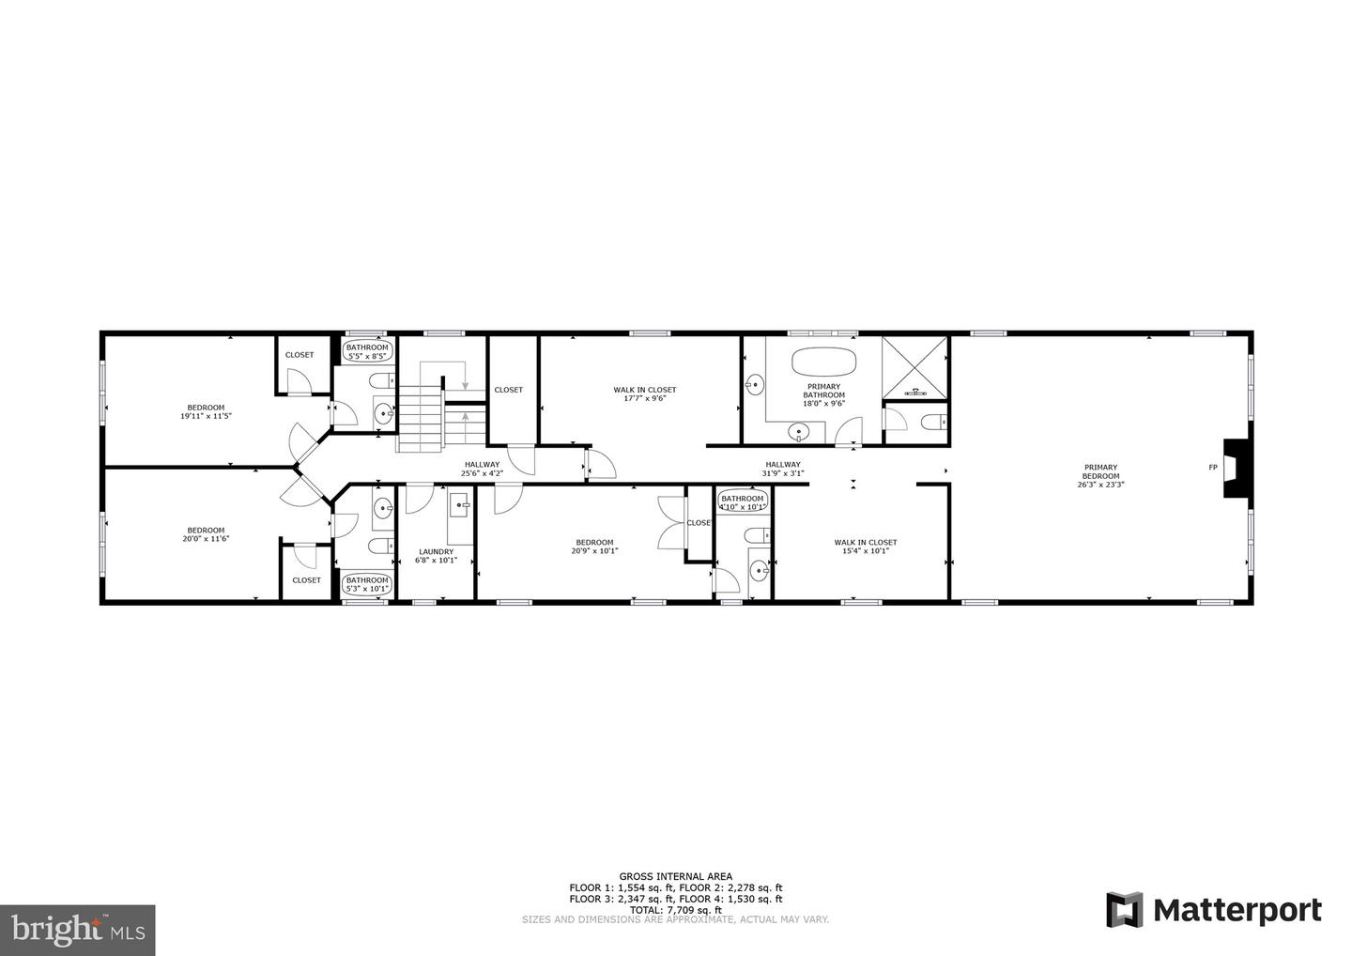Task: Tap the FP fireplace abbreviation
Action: tap(1212, 468)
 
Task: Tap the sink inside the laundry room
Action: tap(461, 506)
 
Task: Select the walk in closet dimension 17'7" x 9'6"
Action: tap(644, 398)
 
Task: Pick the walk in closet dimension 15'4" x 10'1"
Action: tap(865, 551)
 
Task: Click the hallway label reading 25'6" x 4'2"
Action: tap(482, 474)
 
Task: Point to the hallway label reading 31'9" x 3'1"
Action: tap(782, 473)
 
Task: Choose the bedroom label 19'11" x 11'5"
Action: tap(206, 416)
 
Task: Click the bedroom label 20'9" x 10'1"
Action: tap(594, 551)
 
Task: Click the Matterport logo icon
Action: tap(1124, 910)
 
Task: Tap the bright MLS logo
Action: tap(77, 931)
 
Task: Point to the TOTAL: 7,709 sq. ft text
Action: tap(675, 910)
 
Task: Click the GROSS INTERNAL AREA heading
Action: tap(675, 876)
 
